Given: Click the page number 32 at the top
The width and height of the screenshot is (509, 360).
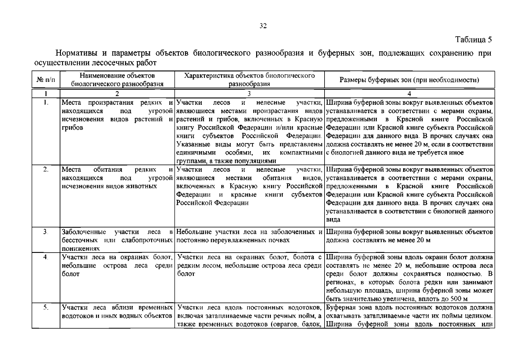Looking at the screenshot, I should pos(263,26).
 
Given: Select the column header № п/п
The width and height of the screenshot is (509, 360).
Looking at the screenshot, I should pos(46,80).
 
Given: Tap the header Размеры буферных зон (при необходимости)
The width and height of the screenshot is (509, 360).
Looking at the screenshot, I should pos(409,80).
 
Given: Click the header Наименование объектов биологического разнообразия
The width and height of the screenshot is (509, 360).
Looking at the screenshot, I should pos(117,80).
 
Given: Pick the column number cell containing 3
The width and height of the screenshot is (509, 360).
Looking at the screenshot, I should pos(249,94).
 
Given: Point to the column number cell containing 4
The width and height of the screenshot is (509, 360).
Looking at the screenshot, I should pos(409,94).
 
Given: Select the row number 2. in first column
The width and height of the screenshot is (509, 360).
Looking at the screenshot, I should pos(46,169).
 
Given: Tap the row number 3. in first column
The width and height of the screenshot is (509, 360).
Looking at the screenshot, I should pos(46,232).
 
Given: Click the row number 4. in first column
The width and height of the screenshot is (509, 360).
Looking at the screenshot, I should pos(46,257).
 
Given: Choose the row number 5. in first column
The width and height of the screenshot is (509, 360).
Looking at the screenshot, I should pos(46,307).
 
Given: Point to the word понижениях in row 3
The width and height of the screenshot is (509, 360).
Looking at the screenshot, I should pos(80,249).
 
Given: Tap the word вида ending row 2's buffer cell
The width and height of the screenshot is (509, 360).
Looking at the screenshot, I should pos(333,220).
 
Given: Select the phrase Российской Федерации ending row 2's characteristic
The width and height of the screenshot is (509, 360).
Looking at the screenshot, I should pos(212,203).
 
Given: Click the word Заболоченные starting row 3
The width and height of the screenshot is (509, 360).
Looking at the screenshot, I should pos(84,232).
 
